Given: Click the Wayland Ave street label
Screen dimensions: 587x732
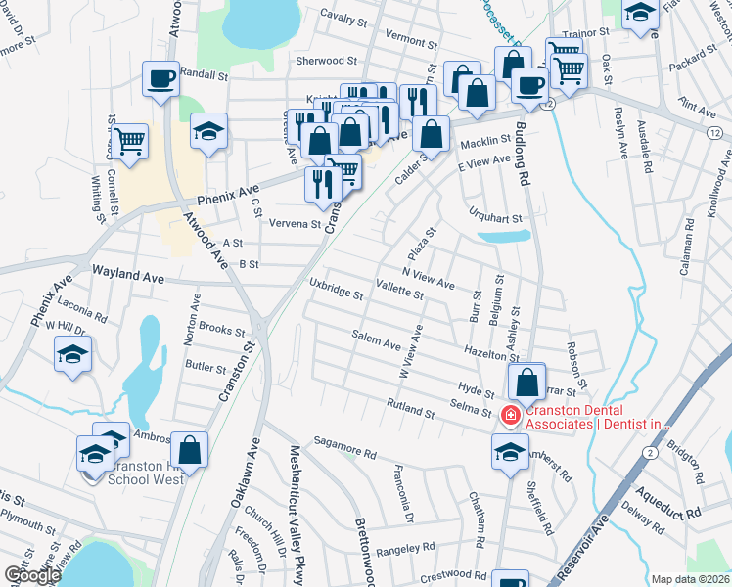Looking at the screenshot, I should coord(127,278).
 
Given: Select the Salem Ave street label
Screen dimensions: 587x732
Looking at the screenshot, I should coord(377,341).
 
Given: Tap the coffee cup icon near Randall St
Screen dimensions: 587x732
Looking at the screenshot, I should coord(160,78).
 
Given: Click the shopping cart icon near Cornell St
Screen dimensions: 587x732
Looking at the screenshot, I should coord(129,141).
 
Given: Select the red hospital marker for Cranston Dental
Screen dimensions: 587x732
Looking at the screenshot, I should coord(509,416).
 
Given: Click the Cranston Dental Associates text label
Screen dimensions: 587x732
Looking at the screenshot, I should coord(597,416).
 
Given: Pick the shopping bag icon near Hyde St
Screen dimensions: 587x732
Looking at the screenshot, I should coord(526,382).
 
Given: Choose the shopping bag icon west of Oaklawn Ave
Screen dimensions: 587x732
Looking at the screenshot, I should coord(190,449).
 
